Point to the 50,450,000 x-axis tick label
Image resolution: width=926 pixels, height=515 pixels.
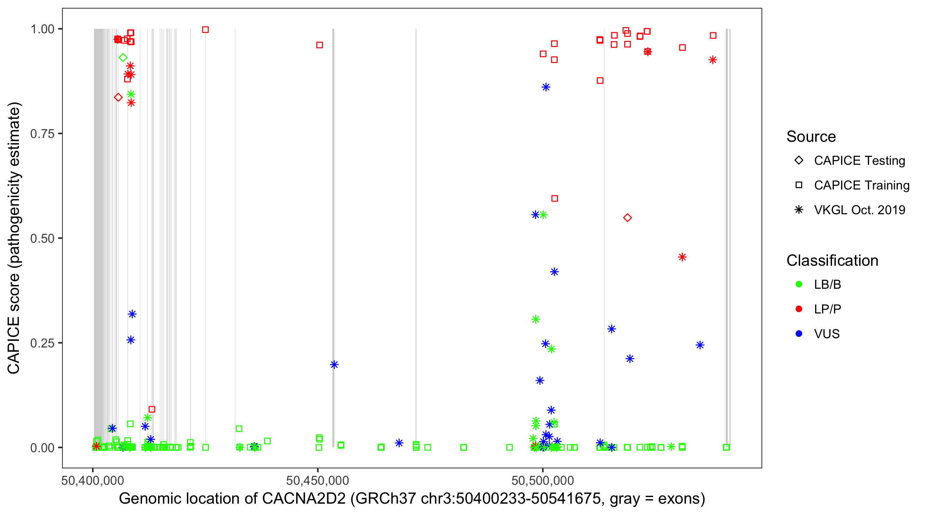318,480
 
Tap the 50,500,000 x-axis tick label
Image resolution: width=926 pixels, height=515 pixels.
543,480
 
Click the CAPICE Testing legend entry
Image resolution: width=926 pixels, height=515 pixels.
859,161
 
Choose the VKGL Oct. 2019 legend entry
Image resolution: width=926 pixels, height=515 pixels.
859,210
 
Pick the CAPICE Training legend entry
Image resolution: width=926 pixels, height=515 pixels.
861,185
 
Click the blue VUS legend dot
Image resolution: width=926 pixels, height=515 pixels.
799,334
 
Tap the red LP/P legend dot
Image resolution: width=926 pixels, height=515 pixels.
799,309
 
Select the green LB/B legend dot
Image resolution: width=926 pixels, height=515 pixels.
799,284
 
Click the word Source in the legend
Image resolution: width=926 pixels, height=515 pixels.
811,137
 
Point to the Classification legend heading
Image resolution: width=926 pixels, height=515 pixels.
832,261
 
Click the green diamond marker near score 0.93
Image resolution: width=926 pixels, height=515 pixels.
123,58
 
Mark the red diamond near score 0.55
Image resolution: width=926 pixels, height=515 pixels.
627,218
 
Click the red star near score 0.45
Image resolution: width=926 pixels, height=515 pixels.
682,257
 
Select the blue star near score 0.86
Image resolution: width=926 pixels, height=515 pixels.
546,87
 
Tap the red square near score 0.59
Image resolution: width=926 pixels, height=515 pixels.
554,198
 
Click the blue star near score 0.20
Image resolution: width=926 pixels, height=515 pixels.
334,365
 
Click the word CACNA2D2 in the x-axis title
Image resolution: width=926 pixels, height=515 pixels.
304,499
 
